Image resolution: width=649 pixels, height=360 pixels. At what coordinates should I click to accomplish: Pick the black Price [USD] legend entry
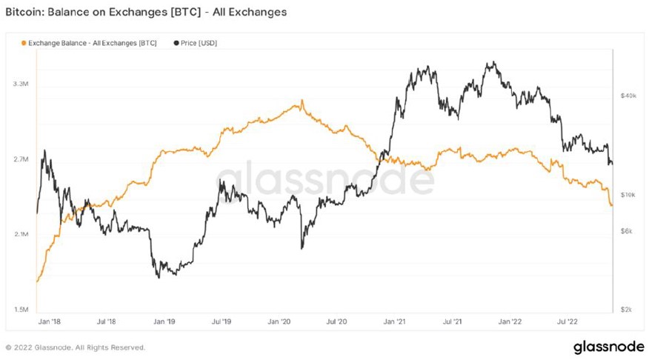(x=195, y=43)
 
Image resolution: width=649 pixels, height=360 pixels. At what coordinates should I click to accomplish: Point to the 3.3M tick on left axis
(x=21, y=84)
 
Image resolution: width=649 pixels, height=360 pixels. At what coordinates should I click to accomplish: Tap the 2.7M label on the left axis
(x=21, y=159)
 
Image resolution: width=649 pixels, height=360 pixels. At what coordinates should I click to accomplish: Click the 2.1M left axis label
(x=21, y=234)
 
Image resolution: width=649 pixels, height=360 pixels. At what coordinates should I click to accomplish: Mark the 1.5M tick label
(x=21, y=309)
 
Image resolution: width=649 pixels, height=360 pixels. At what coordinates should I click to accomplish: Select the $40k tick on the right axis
(x=628, y=96)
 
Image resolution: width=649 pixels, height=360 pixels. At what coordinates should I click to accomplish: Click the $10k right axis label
(x=628, y=195)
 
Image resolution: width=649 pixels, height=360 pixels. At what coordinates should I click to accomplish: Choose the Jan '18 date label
(x=49, y=322)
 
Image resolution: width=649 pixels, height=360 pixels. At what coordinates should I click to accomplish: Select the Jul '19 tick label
(x=222, y=322)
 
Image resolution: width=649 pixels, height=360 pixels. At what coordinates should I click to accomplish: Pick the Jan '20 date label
(x=279, y=322)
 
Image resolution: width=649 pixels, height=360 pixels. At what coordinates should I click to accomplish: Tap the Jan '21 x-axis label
(x=393, y=322)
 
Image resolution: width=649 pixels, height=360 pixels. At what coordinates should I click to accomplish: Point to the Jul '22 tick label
(x=567, y=322)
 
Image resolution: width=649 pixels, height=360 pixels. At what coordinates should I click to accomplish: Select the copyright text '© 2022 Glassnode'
(x=75, y=347)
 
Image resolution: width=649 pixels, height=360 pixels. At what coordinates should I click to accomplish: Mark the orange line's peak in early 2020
(x=301, y=102)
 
